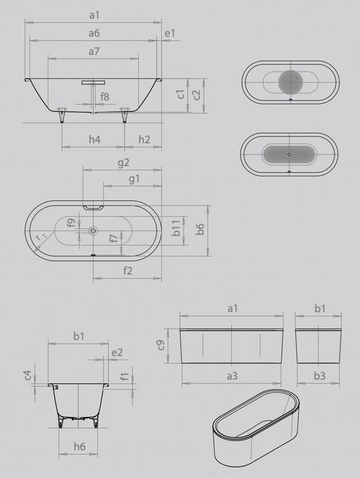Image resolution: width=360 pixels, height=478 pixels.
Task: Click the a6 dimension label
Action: pos(94,33)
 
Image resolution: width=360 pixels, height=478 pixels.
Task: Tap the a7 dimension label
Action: pos(94,51)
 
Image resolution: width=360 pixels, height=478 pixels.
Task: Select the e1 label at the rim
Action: pos(170,33)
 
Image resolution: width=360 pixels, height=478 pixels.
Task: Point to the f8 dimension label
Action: pos(105,96)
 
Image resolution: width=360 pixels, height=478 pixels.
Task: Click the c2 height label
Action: pos(197,94)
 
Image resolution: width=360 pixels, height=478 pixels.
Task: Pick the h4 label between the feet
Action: pos(94,139)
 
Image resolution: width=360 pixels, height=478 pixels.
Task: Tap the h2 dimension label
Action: pos(144,139)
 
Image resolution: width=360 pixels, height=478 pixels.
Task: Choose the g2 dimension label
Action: pos(124,163)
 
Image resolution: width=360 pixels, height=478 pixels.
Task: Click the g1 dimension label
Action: pos(134,179)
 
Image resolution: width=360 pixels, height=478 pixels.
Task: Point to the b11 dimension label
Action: pos(176,228)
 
